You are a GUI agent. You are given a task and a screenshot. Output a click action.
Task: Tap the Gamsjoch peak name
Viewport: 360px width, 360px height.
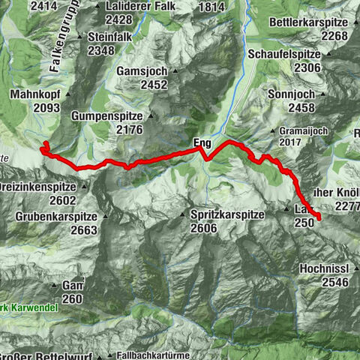click(142, 71)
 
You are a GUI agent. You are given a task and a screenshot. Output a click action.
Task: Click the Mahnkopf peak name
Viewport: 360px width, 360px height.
click(35, 95)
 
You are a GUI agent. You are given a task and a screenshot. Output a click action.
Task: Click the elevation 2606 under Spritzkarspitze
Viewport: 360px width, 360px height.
click(206, 228)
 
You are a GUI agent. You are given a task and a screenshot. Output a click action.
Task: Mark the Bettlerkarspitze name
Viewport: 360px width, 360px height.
click(308, 22)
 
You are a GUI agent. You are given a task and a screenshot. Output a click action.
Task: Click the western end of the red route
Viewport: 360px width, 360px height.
click(45, 142)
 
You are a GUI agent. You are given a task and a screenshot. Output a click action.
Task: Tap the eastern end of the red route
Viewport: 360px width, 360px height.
click(319, 217)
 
